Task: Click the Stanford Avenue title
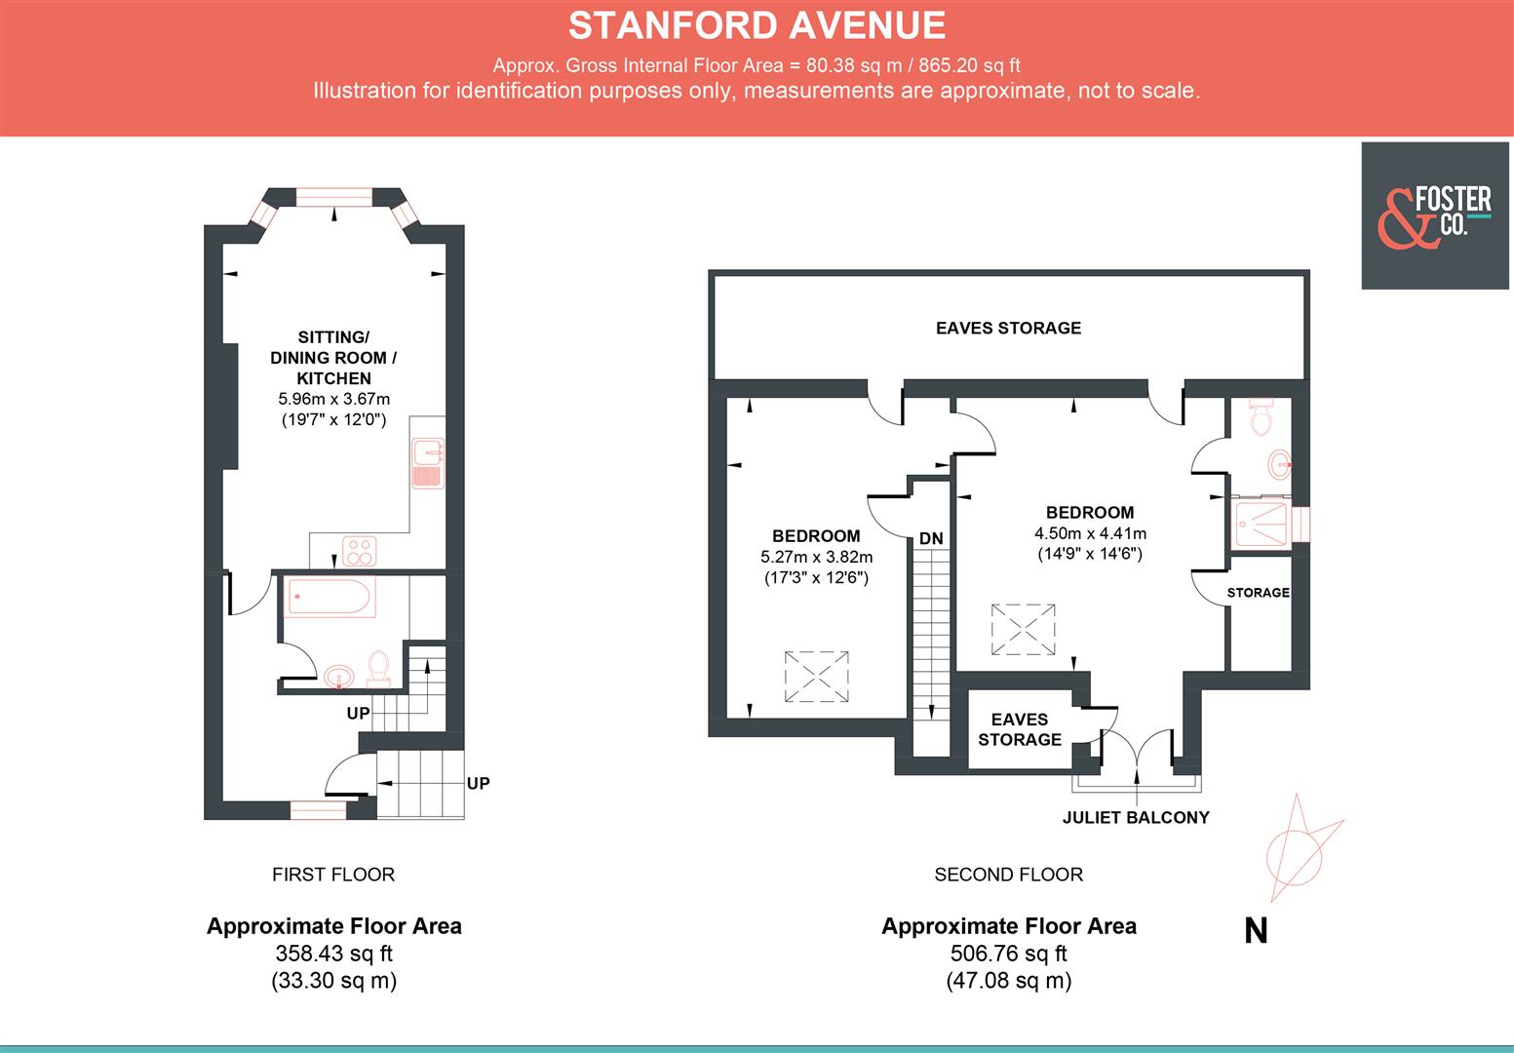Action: [x=757, y=25]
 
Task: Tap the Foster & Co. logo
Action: [x=1436, y=215]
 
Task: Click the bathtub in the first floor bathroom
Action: [x=330, y=596]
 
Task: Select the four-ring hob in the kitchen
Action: [x=360, y=551]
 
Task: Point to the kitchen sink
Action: [x=428, y=463]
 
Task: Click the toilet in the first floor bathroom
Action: [x=378, y=669]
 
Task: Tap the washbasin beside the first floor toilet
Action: [x=338, y=675]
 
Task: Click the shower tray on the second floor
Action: [x=1262, y=524]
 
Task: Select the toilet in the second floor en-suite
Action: [x=1262, y=417]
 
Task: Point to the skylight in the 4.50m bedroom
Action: [x=1024, y=629]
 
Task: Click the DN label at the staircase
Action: [x=931, y=538]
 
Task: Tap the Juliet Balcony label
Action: [x=1136, y=817]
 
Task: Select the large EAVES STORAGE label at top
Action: [x=1008, y=328]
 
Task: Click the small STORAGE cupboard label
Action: [x=1258, y=592]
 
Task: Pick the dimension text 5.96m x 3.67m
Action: [x=333, y=399]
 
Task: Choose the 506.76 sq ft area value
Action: [x=1008, y=953]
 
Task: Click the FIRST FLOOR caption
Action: [x=333, y=875]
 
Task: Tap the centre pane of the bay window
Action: [x=334, y=198]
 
